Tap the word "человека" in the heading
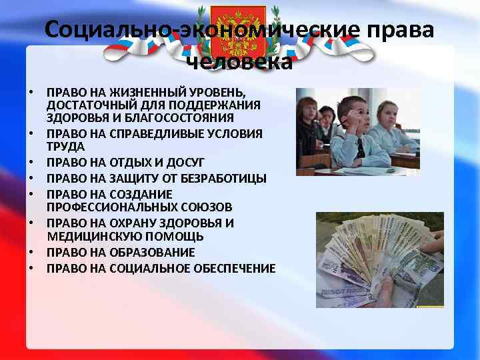[x=239, y=62]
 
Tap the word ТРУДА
[x=66, y=147]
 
